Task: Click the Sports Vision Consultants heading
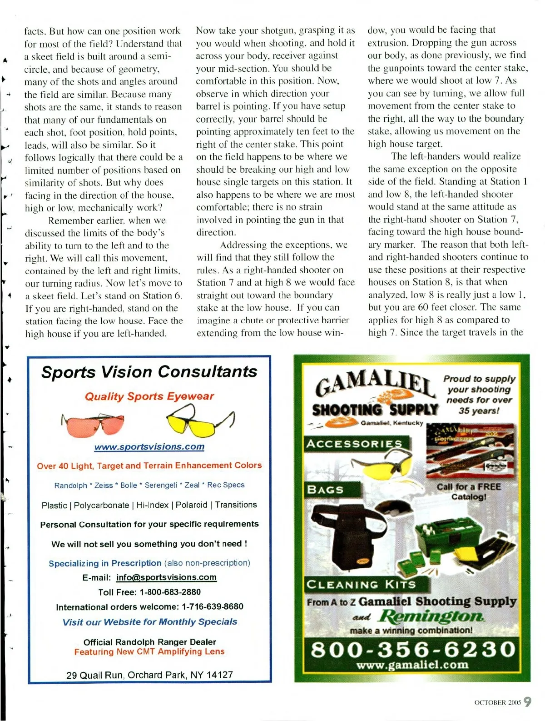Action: point(149,372)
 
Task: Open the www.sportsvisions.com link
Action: point(149,447)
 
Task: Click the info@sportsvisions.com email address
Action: point(166,577)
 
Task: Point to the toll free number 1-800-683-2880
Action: point(170,592)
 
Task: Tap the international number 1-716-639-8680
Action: point(212,606)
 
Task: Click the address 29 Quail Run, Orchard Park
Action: point(149,675)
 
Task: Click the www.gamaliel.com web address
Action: point(412,665)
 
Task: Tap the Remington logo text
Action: point(431,616)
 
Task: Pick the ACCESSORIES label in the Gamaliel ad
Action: point(354,444)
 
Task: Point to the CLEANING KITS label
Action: point(361,585)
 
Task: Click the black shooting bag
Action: point(347,536)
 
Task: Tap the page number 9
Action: point(527,701)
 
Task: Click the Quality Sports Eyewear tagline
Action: point(149,396)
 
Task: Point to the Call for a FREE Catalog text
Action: point(469,491)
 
